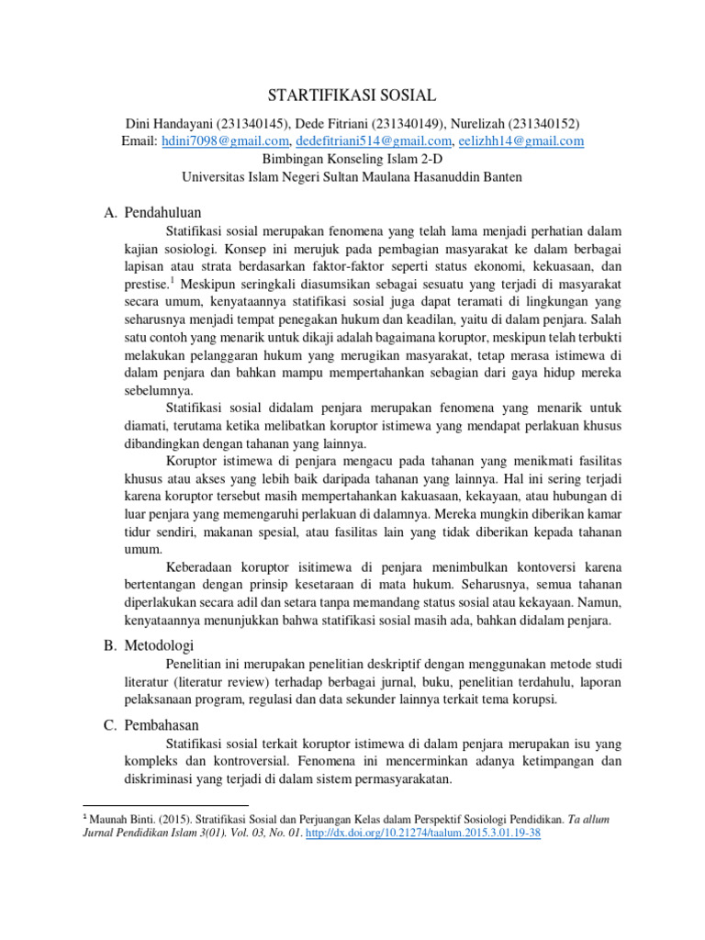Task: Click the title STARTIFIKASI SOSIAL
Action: [x=352, y=95]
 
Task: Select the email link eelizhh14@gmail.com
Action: [x=522, y=141]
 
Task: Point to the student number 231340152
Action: [x=542, y=124]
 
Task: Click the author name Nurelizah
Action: [x=476, y=124]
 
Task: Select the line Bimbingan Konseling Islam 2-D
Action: [x=352, y=159]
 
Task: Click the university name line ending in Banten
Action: [x=352, y=176]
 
